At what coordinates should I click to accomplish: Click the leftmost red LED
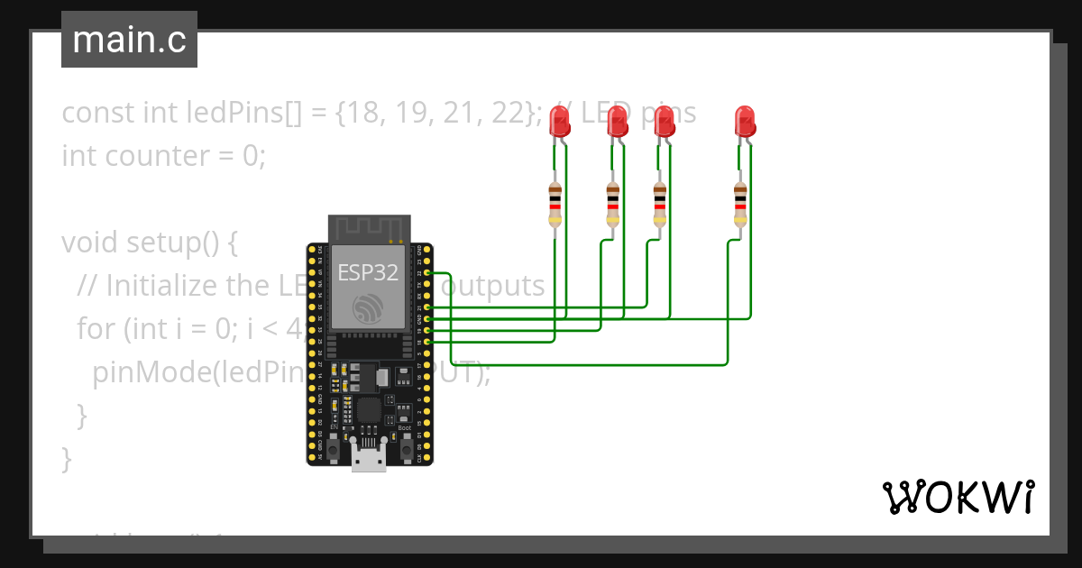(x=562, y=121)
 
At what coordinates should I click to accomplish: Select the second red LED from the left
(x=618, y=121)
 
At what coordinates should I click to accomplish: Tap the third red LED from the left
(x=665, y=121)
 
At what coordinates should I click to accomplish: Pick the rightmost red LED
(x=744, y=121)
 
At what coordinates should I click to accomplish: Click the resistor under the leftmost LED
(x=555, y=203)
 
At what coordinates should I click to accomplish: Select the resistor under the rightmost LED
(x=740, y=203)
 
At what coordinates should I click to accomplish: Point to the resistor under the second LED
(x=612, y=203)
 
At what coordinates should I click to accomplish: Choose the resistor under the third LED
(x=660, y=203)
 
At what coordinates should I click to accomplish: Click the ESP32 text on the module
(x=368, y=271)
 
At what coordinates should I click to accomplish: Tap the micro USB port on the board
(x=368, y=458)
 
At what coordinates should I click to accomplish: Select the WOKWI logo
(x=958, y=497)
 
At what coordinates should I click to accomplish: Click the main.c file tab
(x=129, y=40)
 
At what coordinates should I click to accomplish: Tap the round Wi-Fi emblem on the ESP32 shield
(x=368, y=309)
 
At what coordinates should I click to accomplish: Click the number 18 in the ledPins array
(x=390, y=113)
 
